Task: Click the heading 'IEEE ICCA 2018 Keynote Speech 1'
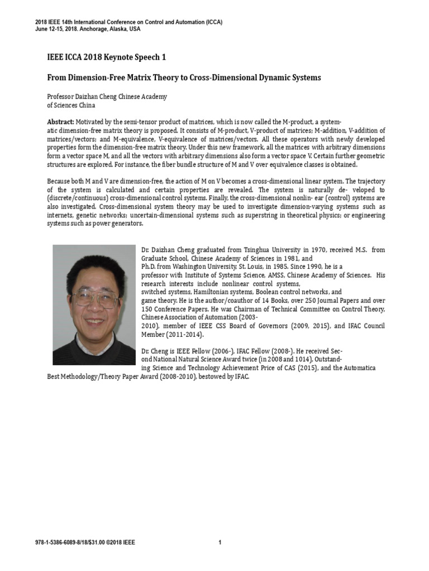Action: tap(106, 57)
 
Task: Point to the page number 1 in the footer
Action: tap(220, 543)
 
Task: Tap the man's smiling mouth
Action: tap(96, 321)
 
